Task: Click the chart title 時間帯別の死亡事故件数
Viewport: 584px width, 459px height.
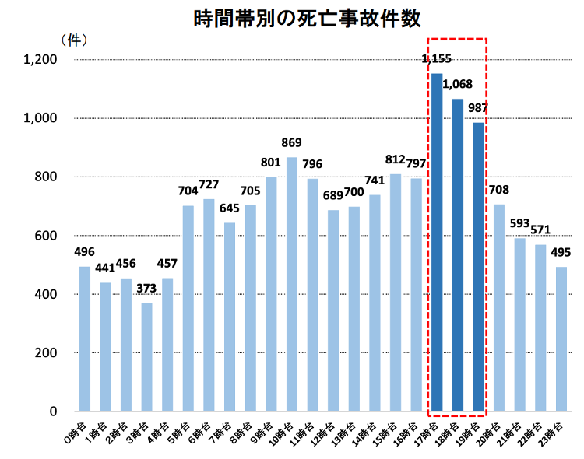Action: tap(291, 19)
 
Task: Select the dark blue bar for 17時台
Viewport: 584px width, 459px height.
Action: tap(437, 242)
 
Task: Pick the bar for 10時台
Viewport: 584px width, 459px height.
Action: tap(292, 284)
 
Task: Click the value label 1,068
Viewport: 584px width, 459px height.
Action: tap(457, 85)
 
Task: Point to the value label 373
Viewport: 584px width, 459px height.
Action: tap(146, 288)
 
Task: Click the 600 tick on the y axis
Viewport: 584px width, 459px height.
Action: tap(47, 236)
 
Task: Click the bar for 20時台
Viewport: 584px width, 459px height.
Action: tap(499, 307)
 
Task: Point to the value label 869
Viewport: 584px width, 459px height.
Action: tap(292, 143)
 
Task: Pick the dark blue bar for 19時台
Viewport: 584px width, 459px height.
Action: tap(478, 267)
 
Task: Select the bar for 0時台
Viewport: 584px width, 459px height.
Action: tap(84, 338)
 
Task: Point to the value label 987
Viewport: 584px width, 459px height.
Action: tap(478, 108)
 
